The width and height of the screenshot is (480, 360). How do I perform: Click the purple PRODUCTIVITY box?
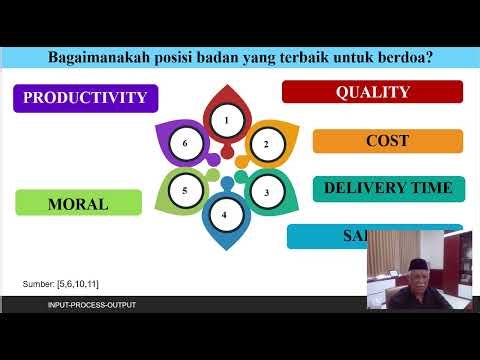coord(85,97)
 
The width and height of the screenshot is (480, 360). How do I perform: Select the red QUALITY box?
coord(372,92)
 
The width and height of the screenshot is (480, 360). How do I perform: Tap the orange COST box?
coord(386,141)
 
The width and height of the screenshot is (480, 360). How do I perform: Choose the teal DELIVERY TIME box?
coord(388,188)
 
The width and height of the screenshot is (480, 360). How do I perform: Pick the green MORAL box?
coord(78,203)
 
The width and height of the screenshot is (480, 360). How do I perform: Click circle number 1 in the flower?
coord(227,122)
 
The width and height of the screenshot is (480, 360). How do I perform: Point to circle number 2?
coord(266,144)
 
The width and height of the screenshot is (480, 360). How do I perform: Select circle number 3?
coord(266,190)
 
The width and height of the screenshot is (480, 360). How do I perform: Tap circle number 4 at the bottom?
coord(225,214)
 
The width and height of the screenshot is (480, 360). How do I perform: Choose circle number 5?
coord(185,190)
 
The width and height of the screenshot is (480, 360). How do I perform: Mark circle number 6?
coord(185,144)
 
